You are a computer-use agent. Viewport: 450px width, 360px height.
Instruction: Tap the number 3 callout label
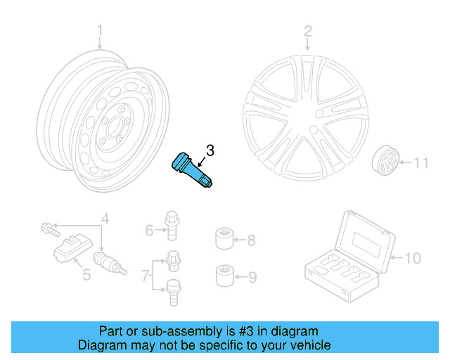[x=210, y=150]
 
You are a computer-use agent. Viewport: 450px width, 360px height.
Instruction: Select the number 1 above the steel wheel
[x=100, y=30]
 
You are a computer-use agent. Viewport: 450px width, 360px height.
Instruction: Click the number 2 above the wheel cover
[x=307, y=30]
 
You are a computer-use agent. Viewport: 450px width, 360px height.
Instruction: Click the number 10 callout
[x=412, y=259]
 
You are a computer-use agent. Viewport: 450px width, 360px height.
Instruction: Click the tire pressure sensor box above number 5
[x=69, y=249]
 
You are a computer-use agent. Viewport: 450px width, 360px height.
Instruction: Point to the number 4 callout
[x=105, y=218]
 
